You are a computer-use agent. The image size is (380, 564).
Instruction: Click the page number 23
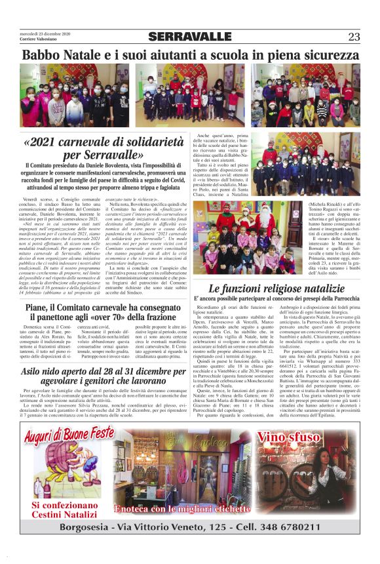point(354,36)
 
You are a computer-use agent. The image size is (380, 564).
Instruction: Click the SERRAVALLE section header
point(189,37)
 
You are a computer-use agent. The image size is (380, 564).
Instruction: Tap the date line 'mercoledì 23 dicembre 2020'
point(45,33)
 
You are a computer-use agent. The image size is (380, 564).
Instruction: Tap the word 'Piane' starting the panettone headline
point(41,308)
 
